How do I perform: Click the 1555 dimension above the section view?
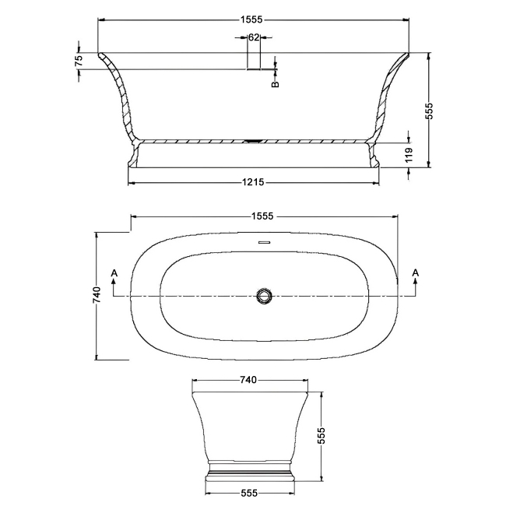point(251,19)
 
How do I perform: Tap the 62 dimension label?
point(254,37)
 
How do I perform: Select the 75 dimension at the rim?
point(79,61)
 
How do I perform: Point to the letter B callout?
point(276,84)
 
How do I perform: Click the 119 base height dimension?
point(409,155)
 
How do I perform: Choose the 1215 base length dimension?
point(253,182)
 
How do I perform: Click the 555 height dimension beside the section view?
point(429,111)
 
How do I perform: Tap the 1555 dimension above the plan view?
point(262,216)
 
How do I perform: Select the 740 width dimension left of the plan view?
point(97,294)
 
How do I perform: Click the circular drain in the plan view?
point(265,296)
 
